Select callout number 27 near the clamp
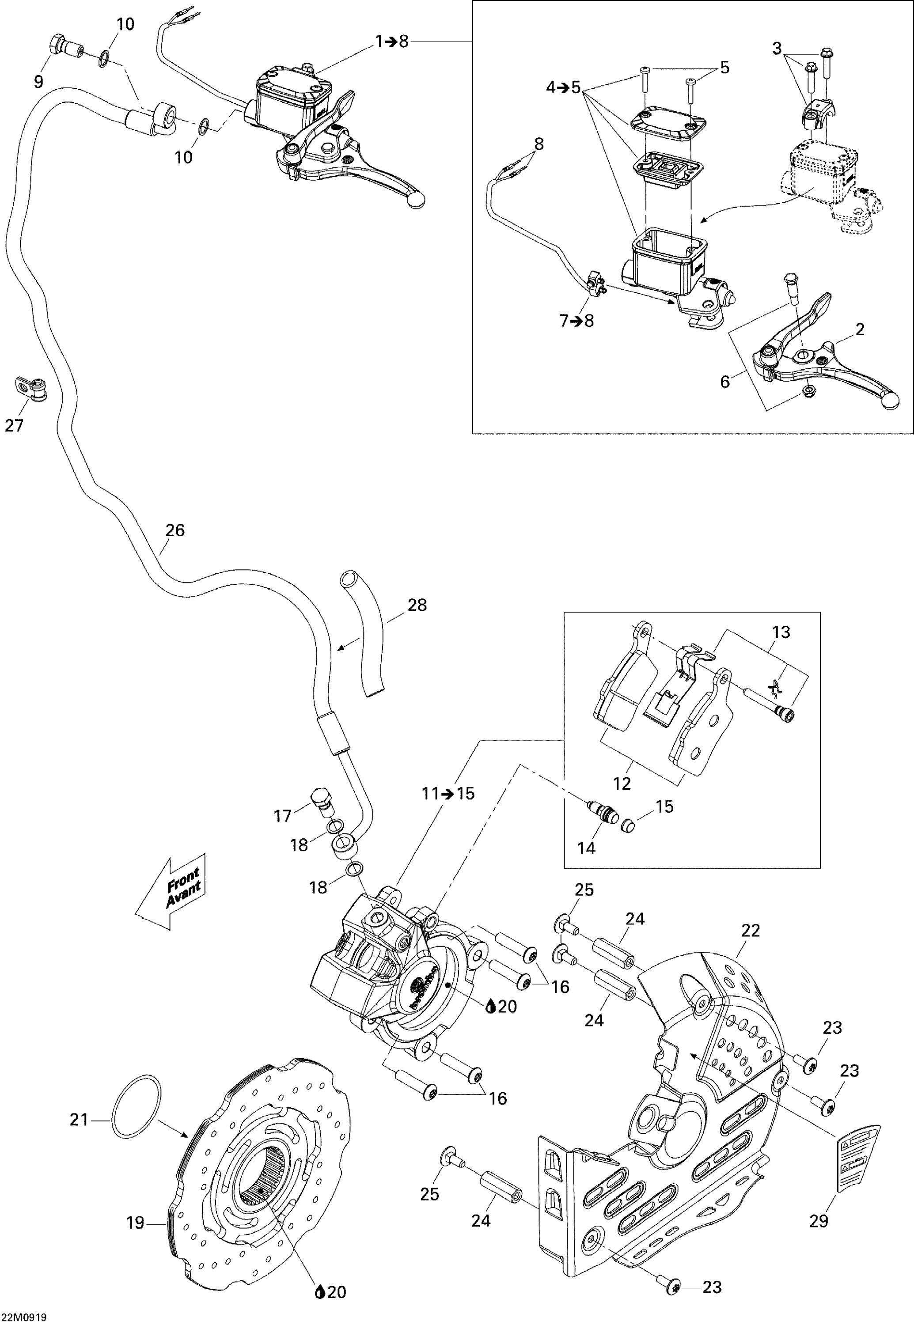click(x=14, y=425)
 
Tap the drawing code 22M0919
click(x=23, y=1317)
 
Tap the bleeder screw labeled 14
click(x=603, y=813)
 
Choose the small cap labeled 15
click(x=628, y=825)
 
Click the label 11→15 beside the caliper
click(x=448, y=794)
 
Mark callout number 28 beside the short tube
click(x=417, y=605)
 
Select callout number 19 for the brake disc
click(x=135, y=1223)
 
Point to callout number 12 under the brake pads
click(x=622, y=784)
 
